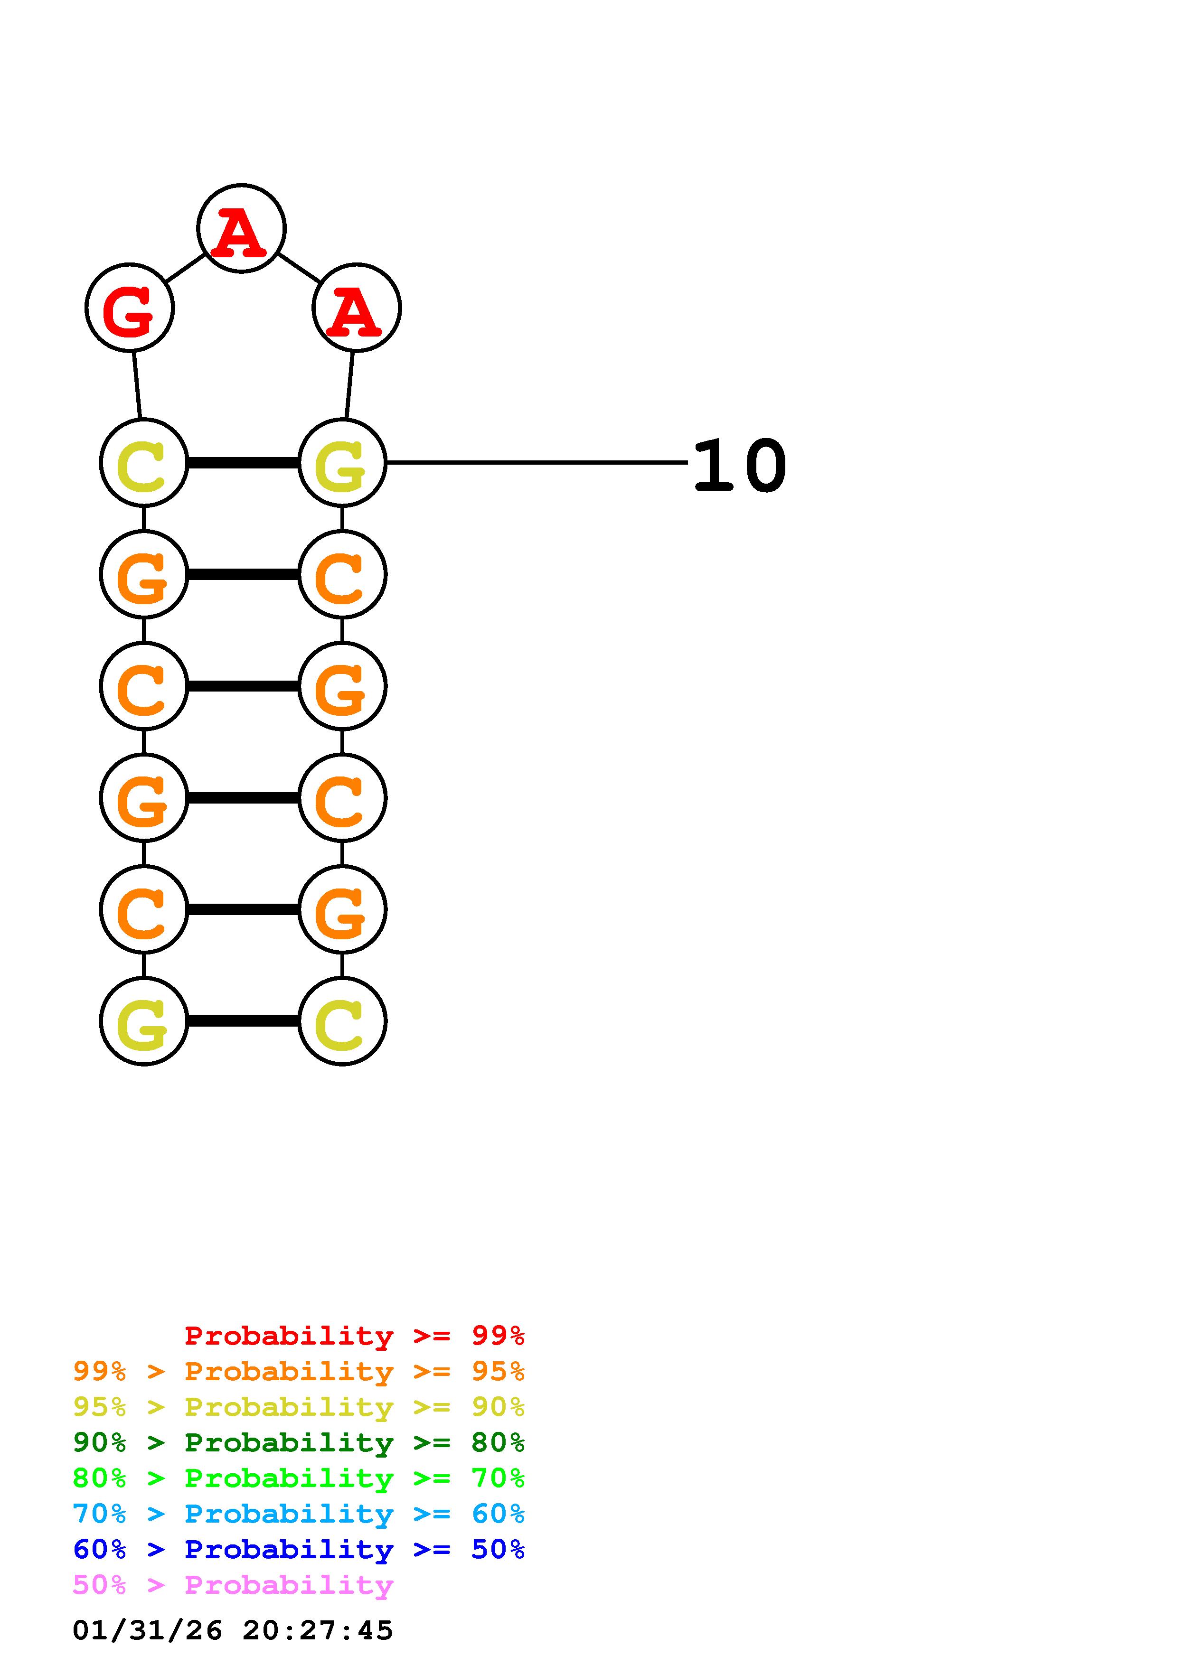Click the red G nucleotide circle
(x=130, y=308)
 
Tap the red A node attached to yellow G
(x=356, y=308)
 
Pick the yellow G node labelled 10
(x=342, y=463)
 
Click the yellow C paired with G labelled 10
(x=143, y=463)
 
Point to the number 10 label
(x=740, y=466)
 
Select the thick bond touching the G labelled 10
(x=243, y=463)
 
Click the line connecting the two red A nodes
(x=299, y=268)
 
